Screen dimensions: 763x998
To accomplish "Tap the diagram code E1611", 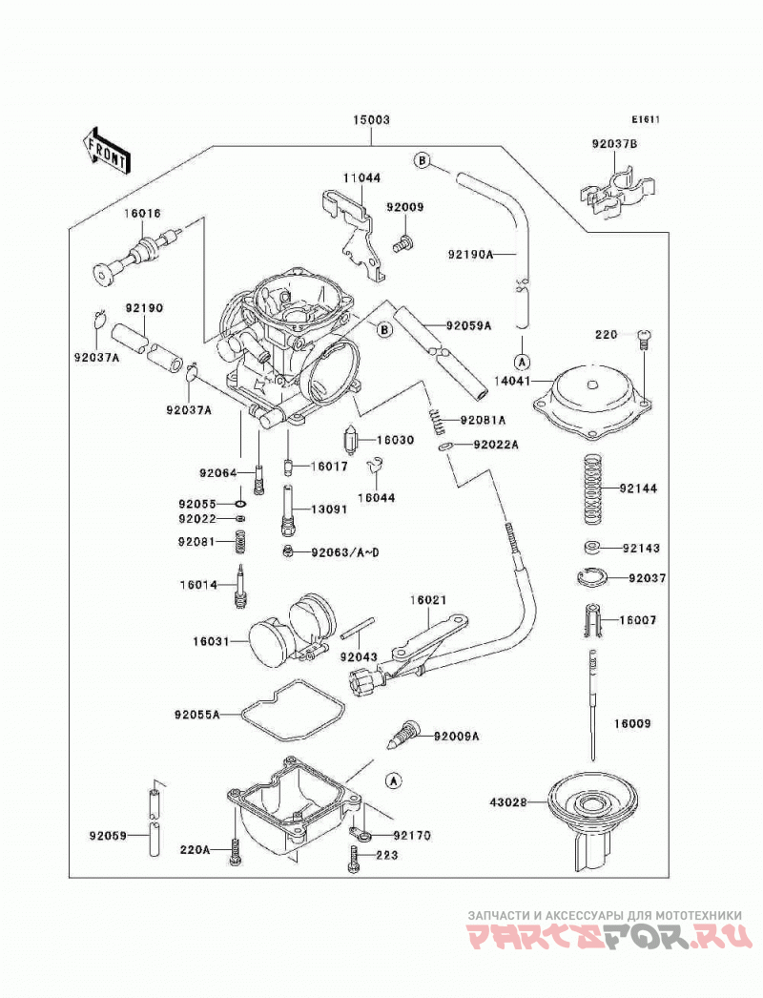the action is pos(646,119).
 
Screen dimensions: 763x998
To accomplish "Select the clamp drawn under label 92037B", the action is pos(617,192).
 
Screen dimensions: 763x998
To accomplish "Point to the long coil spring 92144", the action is pos(593,489).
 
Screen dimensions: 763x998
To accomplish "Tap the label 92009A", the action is pos(457,737).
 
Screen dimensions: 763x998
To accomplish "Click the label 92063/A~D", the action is pos(345,551).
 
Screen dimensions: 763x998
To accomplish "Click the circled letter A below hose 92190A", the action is pos(521,363).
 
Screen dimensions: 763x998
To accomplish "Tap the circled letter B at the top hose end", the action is pos(422,160).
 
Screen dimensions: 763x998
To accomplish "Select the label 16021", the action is pos(427,599).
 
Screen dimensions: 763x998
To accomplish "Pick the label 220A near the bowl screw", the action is pos(195,848).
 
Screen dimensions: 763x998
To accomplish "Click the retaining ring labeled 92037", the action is pos(592,577).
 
